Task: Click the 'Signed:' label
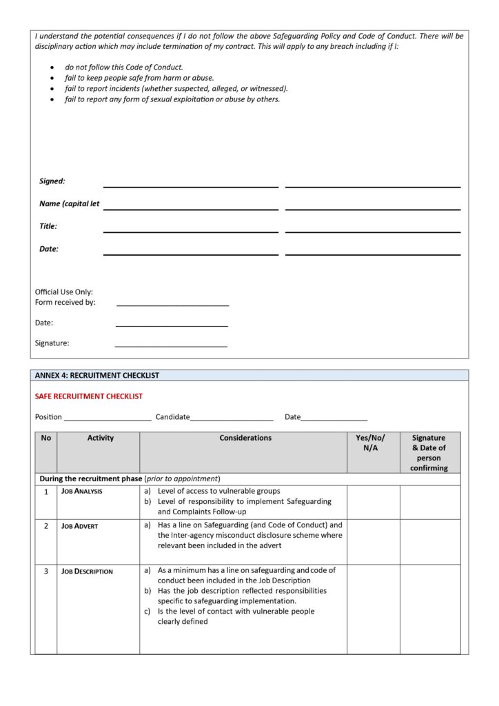52,181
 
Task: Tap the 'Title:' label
48,226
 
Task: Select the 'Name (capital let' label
70,204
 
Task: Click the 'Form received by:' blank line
172,303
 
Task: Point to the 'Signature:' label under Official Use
52,343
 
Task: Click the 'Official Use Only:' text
64,292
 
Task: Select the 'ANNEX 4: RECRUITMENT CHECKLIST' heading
97,376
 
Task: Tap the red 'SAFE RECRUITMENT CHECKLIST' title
89,396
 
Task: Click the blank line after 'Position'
108,418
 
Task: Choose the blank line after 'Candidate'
232,418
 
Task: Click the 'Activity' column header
101,438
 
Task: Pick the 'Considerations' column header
245,438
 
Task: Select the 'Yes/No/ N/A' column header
371,443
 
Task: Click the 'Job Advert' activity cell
80,526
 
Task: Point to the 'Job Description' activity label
88,572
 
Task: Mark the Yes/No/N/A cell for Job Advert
373,541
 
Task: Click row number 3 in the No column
46,572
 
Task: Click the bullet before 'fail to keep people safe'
54,79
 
